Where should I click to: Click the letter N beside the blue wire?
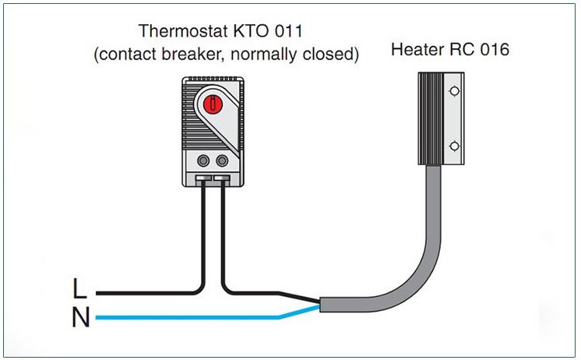point(79,318)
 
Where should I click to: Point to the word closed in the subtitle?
point(332,54)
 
